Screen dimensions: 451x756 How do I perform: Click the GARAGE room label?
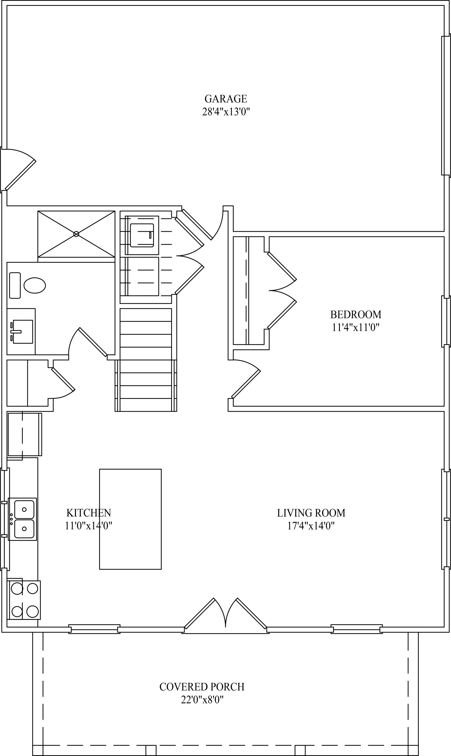(226, 99)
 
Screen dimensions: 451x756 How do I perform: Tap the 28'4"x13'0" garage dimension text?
(226, 112)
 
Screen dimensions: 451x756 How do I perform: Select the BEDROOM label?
(356, 315)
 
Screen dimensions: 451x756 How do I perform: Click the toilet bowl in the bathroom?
(35, 285)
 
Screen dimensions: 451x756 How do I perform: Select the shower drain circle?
(76, 234)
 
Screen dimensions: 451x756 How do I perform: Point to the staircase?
(146, 360)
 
